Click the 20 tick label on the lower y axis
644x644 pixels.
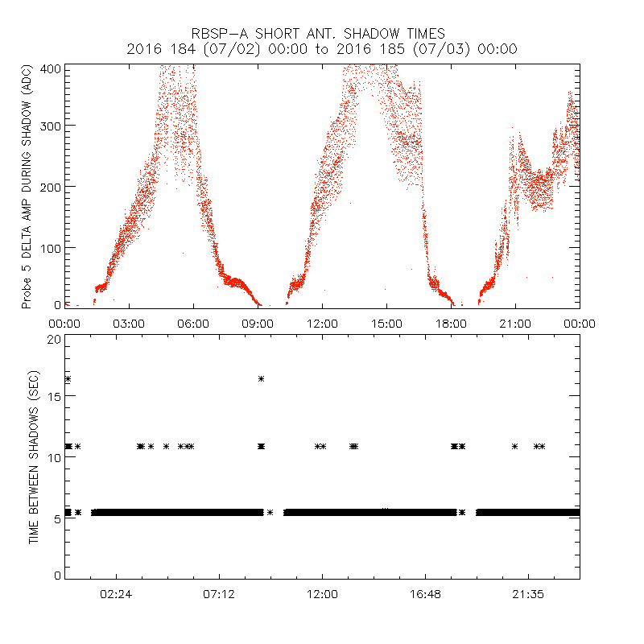[53, 339]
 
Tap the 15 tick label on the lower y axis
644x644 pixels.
[53, 398]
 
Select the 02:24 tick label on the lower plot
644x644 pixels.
[116, 593]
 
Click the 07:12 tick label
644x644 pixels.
[219, 593]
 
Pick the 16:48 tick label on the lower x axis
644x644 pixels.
[424, 593]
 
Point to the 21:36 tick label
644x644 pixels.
[527, 593]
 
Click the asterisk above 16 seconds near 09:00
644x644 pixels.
[261, 378]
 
